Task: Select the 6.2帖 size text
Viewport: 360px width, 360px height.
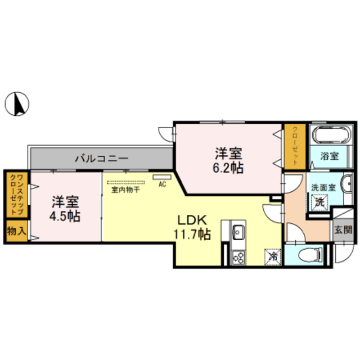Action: point(228,168)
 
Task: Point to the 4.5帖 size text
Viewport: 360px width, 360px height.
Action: point(66,216)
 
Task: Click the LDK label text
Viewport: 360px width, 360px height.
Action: point(193,220)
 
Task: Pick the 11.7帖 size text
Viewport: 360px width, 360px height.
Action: point(193,234)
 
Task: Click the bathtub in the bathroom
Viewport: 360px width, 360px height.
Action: point(331,136)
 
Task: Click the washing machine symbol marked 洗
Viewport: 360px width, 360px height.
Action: point(320,201)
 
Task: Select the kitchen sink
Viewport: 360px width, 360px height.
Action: point(237,231)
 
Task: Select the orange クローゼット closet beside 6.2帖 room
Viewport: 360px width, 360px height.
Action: point(294,145)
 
